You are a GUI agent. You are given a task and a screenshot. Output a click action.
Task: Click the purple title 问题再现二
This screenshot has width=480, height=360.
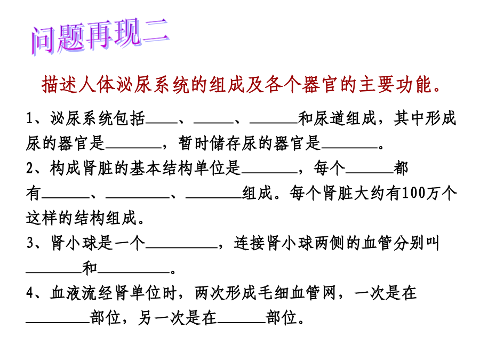[100, 36]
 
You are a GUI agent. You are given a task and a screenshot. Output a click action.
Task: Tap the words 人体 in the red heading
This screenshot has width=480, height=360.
[96, 84]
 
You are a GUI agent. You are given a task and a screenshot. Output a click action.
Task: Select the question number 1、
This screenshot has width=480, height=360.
[36, 118]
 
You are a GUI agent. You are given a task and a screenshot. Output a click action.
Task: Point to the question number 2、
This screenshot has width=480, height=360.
[36, 169]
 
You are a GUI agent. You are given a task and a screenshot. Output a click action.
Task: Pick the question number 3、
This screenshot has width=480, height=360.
[36, 243]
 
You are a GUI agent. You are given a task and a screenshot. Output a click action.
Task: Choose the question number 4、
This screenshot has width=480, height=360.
[36, 293]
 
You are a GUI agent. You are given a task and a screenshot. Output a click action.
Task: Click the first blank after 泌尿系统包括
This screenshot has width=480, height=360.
[161, 123]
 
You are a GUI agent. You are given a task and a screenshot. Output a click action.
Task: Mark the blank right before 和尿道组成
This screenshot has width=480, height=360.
[274, 123]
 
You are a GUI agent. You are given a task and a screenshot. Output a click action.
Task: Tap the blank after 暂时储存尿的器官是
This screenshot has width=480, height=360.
[349, 148]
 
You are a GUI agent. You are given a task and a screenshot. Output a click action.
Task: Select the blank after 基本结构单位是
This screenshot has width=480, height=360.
[269, 173]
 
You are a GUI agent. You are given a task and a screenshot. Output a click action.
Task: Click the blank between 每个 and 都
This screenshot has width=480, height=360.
[369, 173]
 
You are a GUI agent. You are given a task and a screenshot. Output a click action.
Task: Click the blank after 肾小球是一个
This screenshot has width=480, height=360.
[181, 248]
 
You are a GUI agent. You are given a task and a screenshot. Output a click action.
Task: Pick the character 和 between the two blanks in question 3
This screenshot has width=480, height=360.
[90, 268]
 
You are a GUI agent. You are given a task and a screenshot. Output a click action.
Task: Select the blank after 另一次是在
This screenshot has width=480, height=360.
[241, 323]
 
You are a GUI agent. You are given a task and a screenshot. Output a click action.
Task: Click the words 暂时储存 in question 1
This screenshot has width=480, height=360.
[210, 143]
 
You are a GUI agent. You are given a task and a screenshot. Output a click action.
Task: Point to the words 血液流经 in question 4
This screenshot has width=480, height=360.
[82, 293]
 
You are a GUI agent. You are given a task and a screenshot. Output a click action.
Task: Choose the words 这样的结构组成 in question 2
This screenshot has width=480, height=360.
[81, 218]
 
